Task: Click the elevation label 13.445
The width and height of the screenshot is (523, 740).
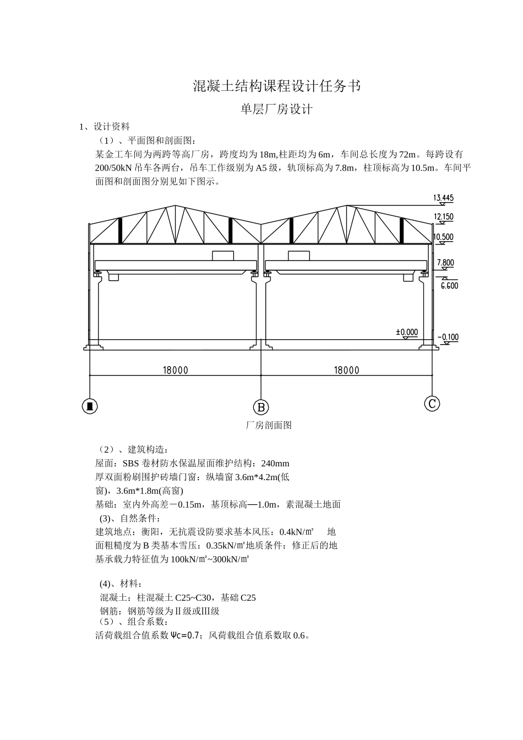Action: (443, 198)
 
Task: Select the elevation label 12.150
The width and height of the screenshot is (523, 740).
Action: (443, 217)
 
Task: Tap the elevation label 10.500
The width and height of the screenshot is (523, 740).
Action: (443, 237)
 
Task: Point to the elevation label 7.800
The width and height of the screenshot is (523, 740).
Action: (445, 263)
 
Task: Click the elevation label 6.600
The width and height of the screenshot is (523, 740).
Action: (449, 285)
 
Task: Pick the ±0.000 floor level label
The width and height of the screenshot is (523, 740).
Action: (407, 332)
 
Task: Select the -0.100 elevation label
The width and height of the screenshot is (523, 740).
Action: (448, 337)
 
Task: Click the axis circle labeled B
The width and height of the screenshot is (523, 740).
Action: (261, 407)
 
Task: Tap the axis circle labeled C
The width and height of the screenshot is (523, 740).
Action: (432, 404)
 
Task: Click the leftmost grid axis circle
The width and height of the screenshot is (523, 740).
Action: (90, 406)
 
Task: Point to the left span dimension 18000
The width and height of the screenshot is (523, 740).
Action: (175, 370)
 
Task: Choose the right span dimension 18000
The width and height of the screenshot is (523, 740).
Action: (346, 370)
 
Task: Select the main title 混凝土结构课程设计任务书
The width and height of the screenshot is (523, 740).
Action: (277, 86)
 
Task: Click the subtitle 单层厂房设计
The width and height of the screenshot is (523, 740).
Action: (276, 110)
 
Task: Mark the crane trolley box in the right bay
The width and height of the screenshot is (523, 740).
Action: (299, 255)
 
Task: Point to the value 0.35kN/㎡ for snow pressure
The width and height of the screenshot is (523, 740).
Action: (225, 546)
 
